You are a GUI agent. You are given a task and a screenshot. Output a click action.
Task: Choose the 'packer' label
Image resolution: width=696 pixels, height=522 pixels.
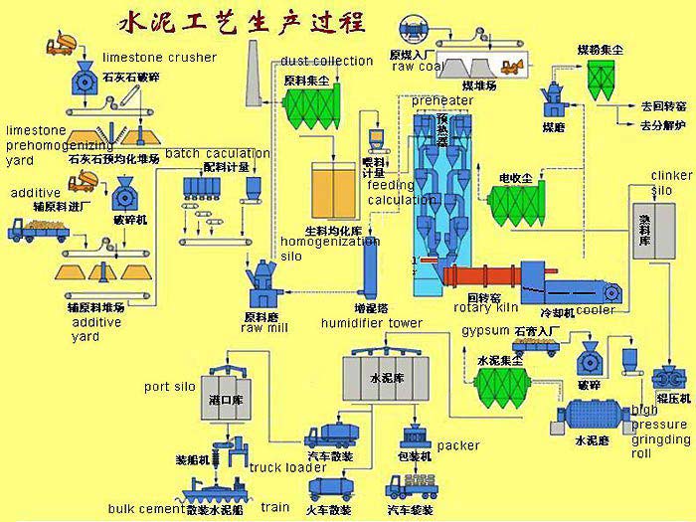point(457,445)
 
